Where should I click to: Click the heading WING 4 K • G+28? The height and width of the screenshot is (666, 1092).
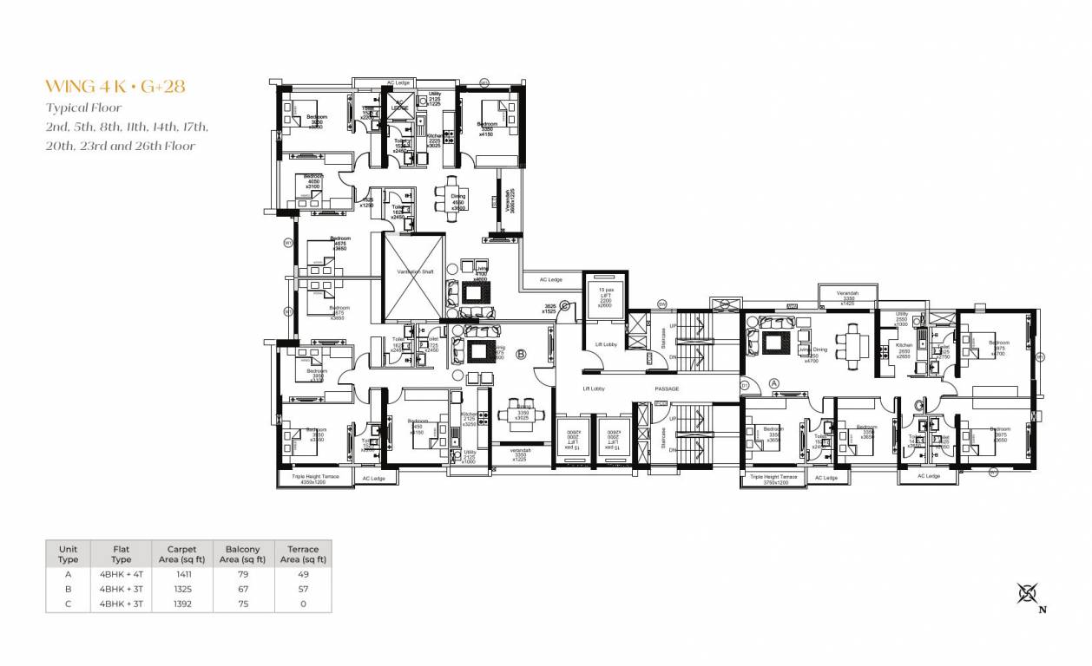(115, 86)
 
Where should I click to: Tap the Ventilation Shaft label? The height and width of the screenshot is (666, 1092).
(415, 272)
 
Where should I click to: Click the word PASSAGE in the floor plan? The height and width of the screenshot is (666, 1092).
(667, 388)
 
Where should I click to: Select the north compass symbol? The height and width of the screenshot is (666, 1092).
(1029, 594)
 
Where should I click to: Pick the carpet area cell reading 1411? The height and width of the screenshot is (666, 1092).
(181, 573)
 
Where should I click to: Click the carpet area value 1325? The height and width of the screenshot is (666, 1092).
(181, 589)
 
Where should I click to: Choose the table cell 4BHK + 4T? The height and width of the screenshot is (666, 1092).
(122, 573)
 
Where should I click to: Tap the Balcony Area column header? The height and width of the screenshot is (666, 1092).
(242, 554)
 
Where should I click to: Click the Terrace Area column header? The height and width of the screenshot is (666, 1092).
(303, 554)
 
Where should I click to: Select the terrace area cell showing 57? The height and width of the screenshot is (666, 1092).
(303, 589)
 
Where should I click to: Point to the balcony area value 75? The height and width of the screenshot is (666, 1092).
(242, 604)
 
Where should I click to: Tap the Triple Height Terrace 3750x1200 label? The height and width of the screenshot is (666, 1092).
(773, 479)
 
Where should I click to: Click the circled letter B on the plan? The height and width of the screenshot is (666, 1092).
(522, 354)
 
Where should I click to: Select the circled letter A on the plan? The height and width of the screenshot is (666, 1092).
(774, 382)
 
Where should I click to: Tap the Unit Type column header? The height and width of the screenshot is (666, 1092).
(68, 554)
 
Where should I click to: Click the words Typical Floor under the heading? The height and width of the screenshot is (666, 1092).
(83, 108)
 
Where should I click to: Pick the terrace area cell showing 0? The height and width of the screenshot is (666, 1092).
(303, 604)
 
